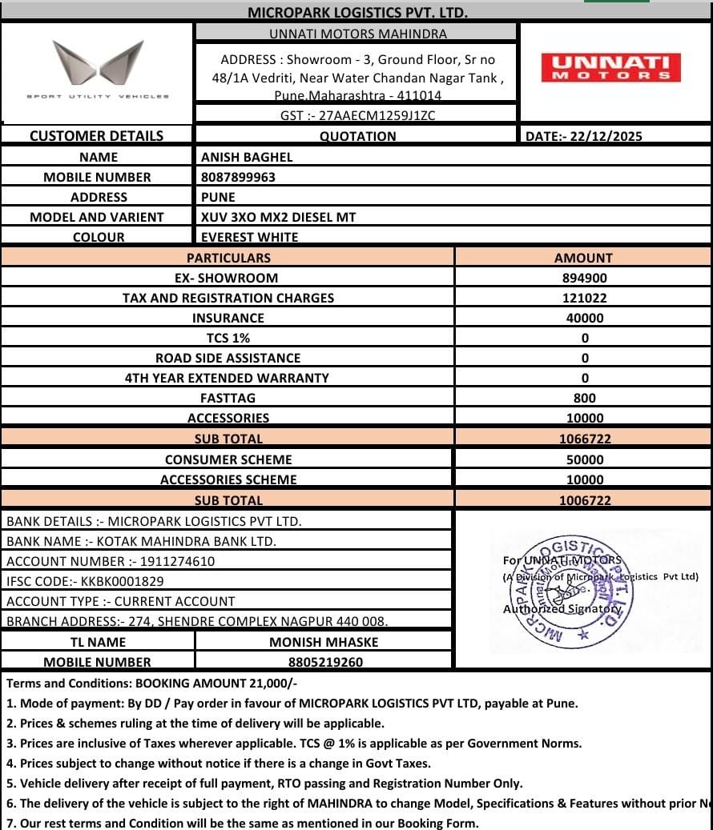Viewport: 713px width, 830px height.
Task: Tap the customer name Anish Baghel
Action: pyautogui.click(x=247, y=157)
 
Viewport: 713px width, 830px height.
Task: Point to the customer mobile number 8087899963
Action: pyautogui.click(x=238, y=177)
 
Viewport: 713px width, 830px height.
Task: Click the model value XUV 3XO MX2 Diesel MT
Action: pyautogui.click(x=278, y=217)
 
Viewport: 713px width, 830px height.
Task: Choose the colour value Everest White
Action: pyautogui.click(x=249, y=237)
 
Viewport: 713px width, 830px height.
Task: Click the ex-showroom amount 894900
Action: pyautogui.click(x=584, y=278)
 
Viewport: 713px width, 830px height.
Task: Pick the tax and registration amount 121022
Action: pyautogui.click(x=584, y=298)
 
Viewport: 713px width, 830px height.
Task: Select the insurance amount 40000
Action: pyautogui.click(x=584, y=318)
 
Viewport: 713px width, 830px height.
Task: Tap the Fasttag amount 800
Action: pyautogui.click(x=584, y=398)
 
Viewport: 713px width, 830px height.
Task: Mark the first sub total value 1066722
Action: pyautogui.click(x=584, y=439)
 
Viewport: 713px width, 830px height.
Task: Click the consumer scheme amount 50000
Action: pyautogui.click(x=584, y=459)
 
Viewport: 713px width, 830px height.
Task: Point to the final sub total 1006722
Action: pyautogui.click(x=584, y=500)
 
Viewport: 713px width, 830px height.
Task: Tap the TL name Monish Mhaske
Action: pyautogui.click(x=324, y=642)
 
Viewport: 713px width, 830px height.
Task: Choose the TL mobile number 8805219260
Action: pyautogui.click(x=325, y=662)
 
